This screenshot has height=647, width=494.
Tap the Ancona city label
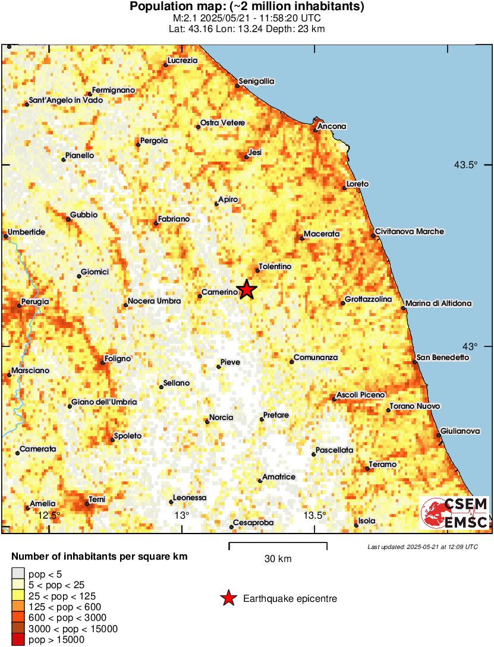[x=332, y=127]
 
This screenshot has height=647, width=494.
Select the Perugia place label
[x=35, y=302]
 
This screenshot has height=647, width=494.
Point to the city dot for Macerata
[x=301, y=239]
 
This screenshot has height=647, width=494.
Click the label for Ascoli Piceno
[x=361, y=395]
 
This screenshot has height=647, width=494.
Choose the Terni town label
[x=97, y=500]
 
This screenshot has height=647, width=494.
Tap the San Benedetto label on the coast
[x=443, y=357]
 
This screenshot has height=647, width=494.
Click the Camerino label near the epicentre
[x=219, y=292]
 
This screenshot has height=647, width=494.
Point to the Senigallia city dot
[x=237, y=86]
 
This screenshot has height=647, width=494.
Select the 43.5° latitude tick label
[x=466, y=165]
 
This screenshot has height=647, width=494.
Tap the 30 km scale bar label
[x=278, y=558]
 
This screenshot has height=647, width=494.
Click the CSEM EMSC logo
[x=455, y=513]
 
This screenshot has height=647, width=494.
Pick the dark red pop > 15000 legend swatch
[x=18, y=640]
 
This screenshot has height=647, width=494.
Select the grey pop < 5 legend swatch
[x=18, y=574]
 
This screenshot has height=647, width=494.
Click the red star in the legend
[x=228, y=599]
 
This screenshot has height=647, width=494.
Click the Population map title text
[x=247, y=7]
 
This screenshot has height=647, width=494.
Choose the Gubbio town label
[x=84, y=214]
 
